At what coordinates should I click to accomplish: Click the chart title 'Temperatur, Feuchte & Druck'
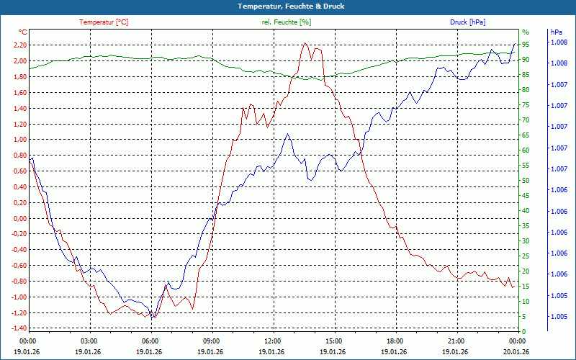[x=288, y=6]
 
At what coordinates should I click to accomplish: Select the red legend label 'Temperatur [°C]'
[x=104, y=22]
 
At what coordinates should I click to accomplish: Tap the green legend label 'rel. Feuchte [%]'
[x=287, y=22]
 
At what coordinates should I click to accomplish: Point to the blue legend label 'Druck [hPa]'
[x=467, y=22]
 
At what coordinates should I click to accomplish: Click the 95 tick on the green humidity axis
[x=526, y=44]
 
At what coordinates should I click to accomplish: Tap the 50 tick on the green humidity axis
[x=526, y=181]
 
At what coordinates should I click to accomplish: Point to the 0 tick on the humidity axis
[x=523, y=332]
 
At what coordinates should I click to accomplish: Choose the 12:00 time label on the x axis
[x=273, y=341]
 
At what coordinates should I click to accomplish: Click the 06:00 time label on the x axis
[x=150, y=341]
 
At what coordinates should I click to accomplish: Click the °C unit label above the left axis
[x=23, y=32]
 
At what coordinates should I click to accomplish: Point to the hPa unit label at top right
[x=556, y=32]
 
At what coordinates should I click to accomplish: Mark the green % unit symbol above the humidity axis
[x=526, y=32]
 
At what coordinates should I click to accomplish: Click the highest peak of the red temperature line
[x=305, y=43]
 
